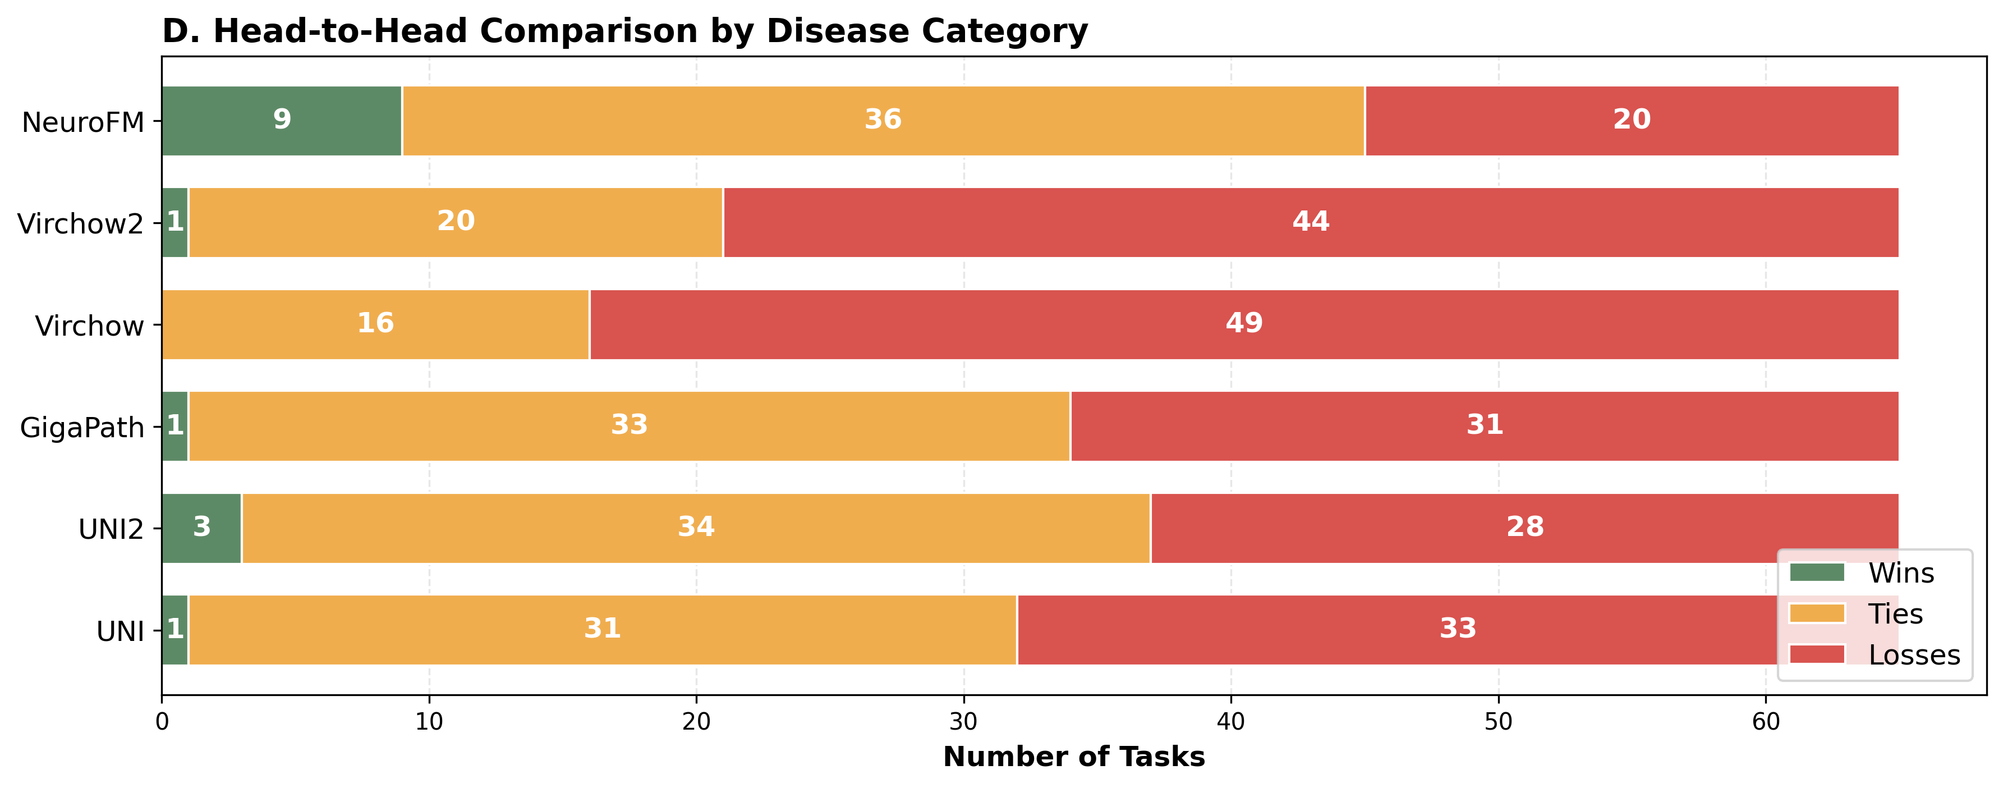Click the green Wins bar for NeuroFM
233,121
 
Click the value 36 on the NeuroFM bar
883,120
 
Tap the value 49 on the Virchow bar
1243,323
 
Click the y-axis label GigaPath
82,428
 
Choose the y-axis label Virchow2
81,224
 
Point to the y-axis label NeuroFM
83,123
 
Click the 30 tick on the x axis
963,722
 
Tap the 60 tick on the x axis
1765,722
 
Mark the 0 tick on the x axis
162,722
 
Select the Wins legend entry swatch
1816,572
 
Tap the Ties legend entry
1895,614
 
